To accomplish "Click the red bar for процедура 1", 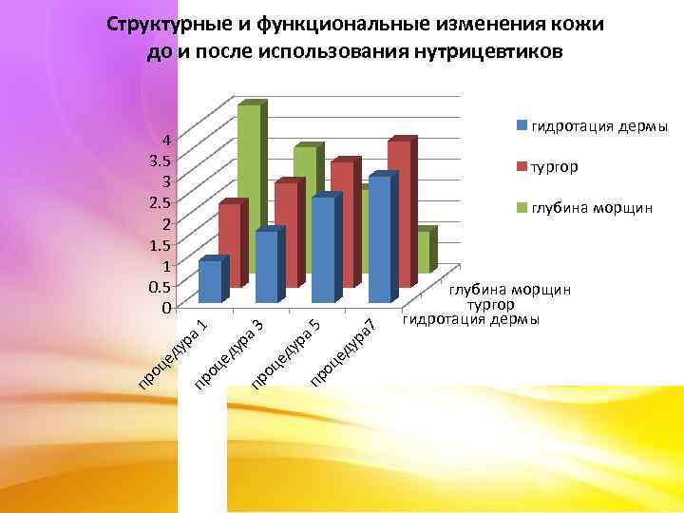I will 228,245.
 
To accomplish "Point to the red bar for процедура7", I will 399,214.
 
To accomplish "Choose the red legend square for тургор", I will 522,167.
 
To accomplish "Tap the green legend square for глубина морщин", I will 522,207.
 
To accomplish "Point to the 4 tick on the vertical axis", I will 166,139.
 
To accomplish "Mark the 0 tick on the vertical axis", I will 166,307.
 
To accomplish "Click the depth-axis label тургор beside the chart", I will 490,305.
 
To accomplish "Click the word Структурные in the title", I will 162,25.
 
